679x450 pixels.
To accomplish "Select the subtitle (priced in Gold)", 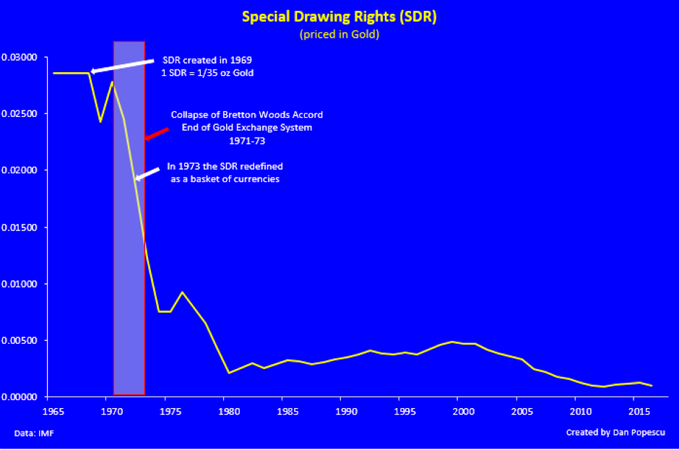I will (x=339, y=34).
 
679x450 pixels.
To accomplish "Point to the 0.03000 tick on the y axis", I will (x=23, y=58).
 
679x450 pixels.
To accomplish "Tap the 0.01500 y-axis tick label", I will (x=23, y=228).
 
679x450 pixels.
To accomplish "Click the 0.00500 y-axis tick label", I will (x=23, y=341).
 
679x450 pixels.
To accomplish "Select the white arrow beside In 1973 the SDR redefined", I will (x=148, y=173).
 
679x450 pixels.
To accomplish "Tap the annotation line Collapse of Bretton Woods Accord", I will (x=246, y=115).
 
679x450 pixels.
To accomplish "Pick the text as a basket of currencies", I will (x=225, y=178).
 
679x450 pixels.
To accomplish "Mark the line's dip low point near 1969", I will (x=100, y=121).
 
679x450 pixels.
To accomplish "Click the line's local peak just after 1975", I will (x=182, y=292).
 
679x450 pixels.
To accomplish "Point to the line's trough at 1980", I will (x=228, y=373).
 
